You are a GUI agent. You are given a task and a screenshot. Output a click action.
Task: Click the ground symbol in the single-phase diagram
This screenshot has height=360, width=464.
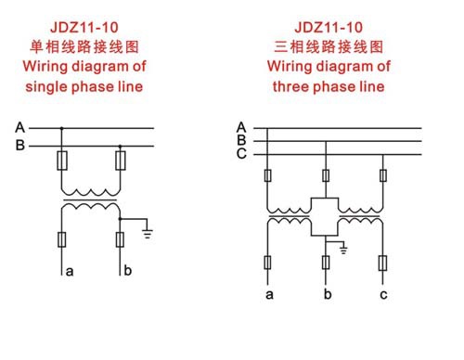pyautogui.click(x=148, y=233)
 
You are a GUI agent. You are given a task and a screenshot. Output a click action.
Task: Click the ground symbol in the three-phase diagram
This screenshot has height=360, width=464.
pyautogui.click(x=343, y=248)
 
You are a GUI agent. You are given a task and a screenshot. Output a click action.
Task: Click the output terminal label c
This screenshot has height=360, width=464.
pyautogui.click(x=383, y=295)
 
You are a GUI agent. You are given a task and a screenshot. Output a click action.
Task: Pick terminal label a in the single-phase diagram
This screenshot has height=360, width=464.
pyautogui.click(x=68, y=272)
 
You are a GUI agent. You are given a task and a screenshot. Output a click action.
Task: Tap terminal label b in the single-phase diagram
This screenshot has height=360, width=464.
pyautogui.click(x=128, y=271)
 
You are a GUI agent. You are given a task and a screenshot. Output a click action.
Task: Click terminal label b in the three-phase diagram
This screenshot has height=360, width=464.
pyautogui.click(x=327, y=295)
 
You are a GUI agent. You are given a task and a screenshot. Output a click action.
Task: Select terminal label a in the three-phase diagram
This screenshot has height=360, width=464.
pyautogui.click(x=269, y=295)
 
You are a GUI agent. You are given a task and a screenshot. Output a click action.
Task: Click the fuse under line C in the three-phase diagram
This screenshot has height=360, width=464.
pyautogui.click(x=383, y=175)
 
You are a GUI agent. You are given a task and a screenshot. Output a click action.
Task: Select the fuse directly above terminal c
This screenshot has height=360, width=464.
pyautogui.click(x=383, y=264)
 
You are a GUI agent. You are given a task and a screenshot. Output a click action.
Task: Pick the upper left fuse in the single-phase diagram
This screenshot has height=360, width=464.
pyautogui.click(x=61, y=162)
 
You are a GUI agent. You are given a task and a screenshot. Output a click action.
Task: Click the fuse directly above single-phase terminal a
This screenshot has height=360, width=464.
pyautogui.click(x=61, y=240)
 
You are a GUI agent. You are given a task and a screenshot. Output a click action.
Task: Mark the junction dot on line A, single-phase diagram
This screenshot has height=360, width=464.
pyautogui.click(x=61, y=128)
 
